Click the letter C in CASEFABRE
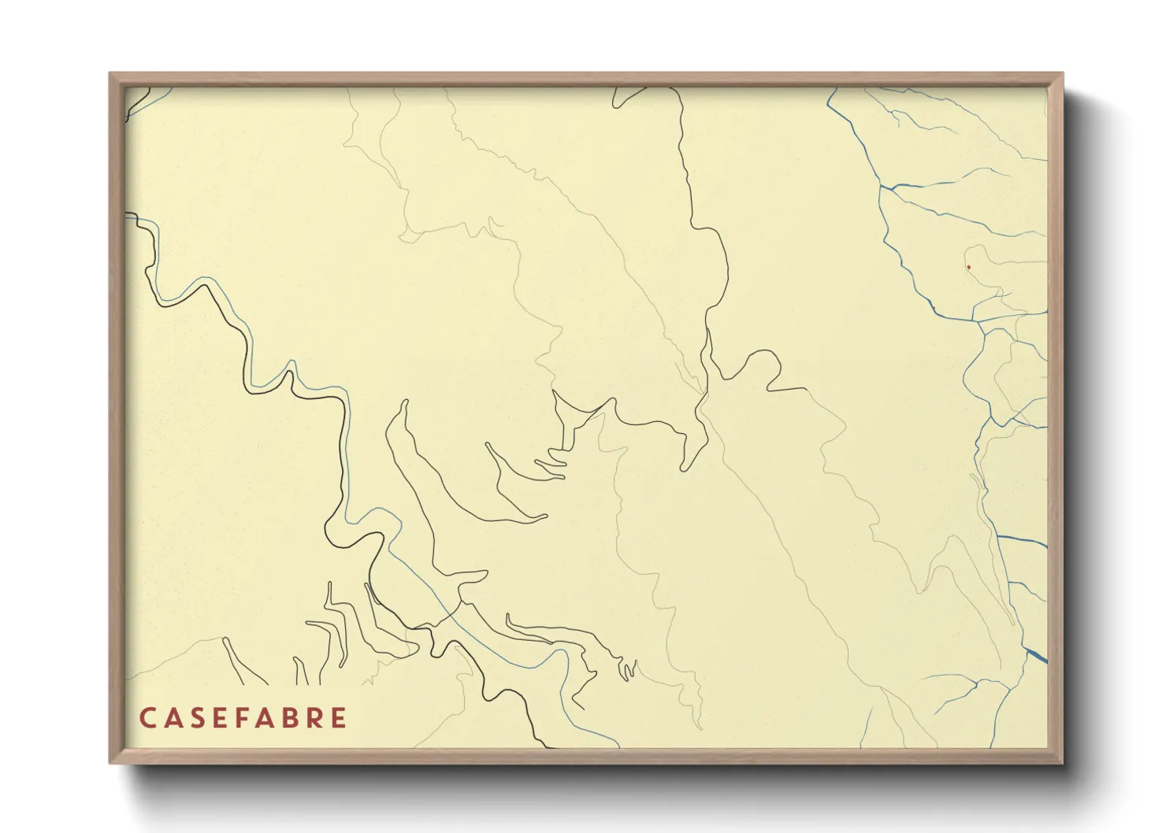click(x=147, y=718)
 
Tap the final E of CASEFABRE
click(x=340, y=718)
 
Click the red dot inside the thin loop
click(x=968, y=268)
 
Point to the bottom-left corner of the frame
click(x=111, y=761)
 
